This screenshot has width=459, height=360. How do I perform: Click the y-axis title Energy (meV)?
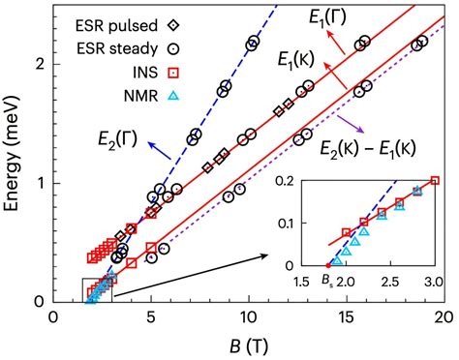pyautogui.click(x=14, y=151)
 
